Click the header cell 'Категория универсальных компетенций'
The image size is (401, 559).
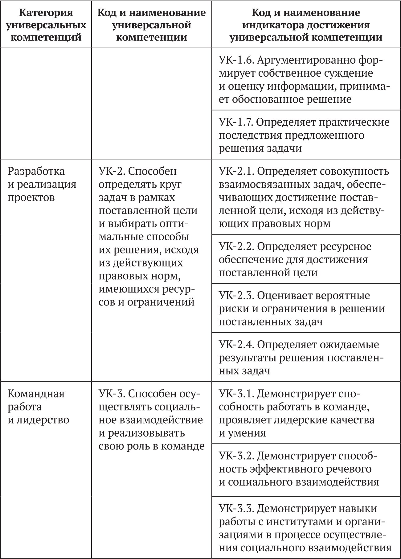pos(46,25)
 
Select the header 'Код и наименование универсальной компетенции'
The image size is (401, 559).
pos(151,25)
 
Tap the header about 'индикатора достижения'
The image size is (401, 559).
pos(306,25)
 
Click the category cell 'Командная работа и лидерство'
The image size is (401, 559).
pos(38,407)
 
